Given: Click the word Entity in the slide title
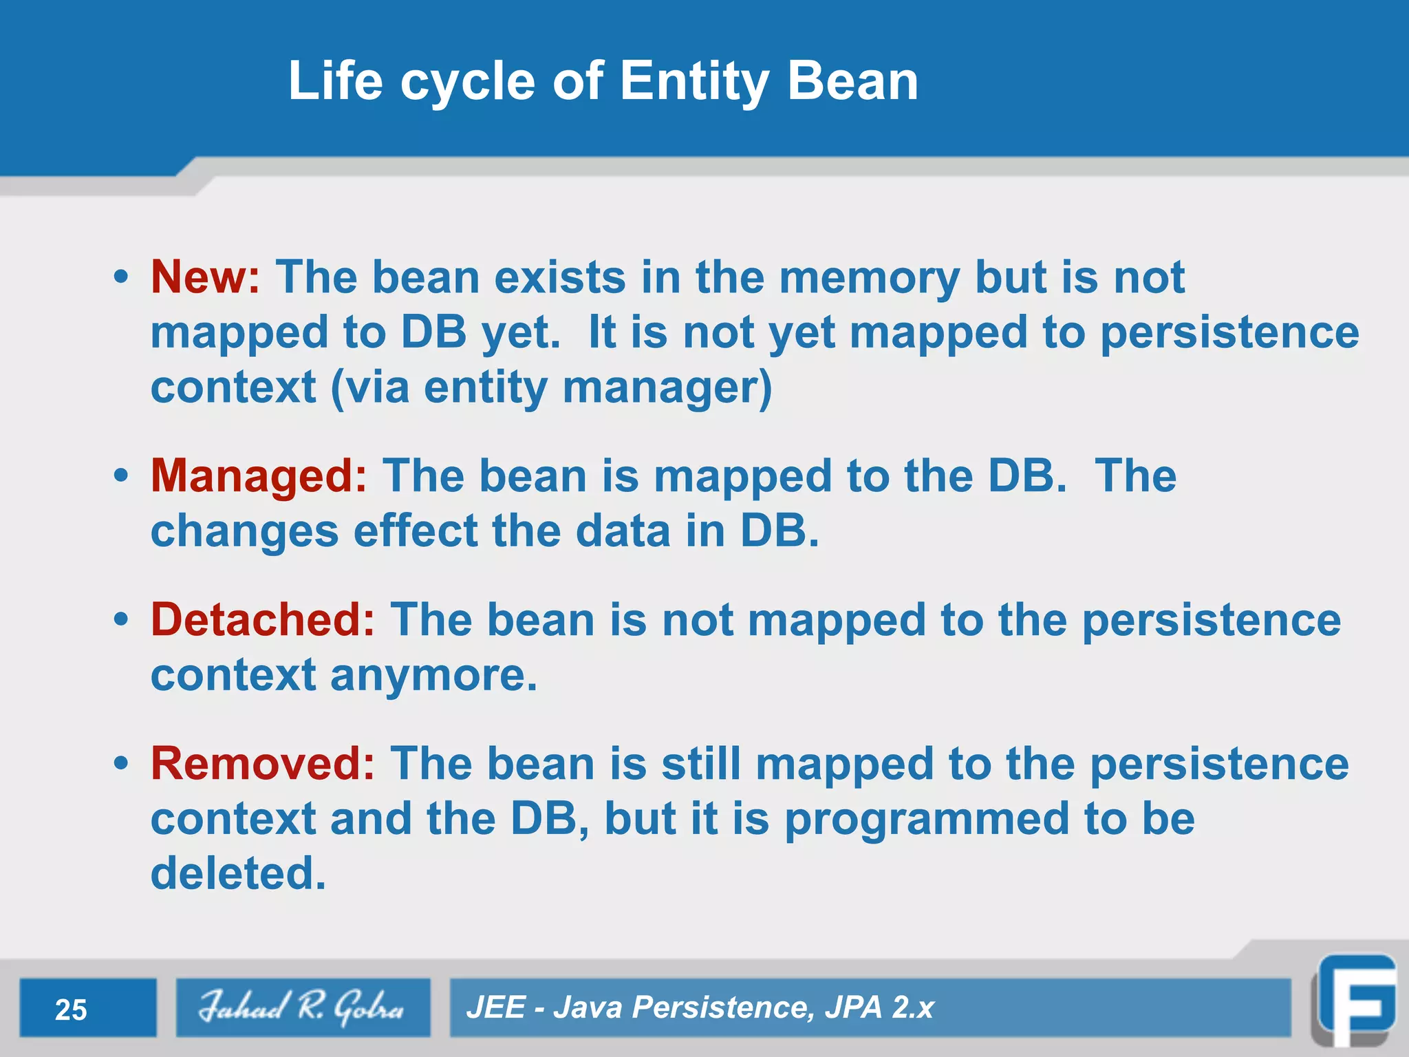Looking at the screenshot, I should click(695, 81).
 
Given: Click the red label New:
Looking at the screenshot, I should click(205, 278).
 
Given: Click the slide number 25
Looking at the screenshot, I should click(71, 1010).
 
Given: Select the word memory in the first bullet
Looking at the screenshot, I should click(869, 278).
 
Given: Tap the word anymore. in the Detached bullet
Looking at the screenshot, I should click(433, 676).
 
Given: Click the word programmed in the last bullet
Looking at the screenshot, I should click(927, 820).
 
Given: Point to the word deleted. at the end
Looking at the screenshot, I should click(238, 874).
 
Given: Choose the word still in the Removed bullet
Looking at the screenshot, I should click(700, 764).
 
